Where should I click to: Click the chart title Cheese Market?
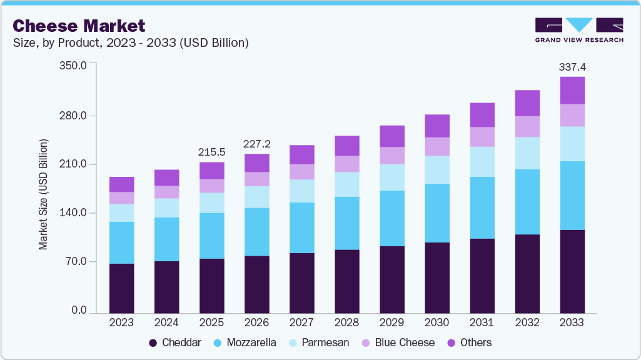pos(79,26)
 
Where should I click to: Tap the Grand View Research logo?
pos(579,30)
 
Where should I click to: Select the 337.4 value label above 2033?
pos(572,67)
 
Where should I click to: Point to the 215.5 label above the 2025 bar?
pos(211,152)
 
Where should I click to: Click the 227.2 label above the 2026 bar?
pos(256,144)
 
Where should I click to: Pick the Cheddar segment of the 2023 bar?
pos(121,288)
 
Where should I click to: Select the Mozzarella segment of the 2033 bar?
pos(572,196)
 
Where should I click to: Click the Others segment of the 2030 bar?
pos(437,126)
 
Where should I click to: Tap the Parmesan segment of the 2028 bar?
pos(346,184)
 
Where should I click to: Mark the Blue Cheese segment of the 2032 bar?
pos(527,126)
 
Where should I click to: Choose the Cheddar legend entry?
pos(174,342)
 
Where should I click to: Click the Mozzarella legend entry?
pos(245,342)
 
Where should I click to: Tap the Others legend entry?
pos(469,342)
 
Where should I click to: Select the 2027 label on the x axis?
pos(301,322)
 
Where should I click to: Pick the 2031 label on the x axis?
pos(482,322)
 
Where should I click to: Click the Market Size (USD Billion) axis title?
pos(43,194)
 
